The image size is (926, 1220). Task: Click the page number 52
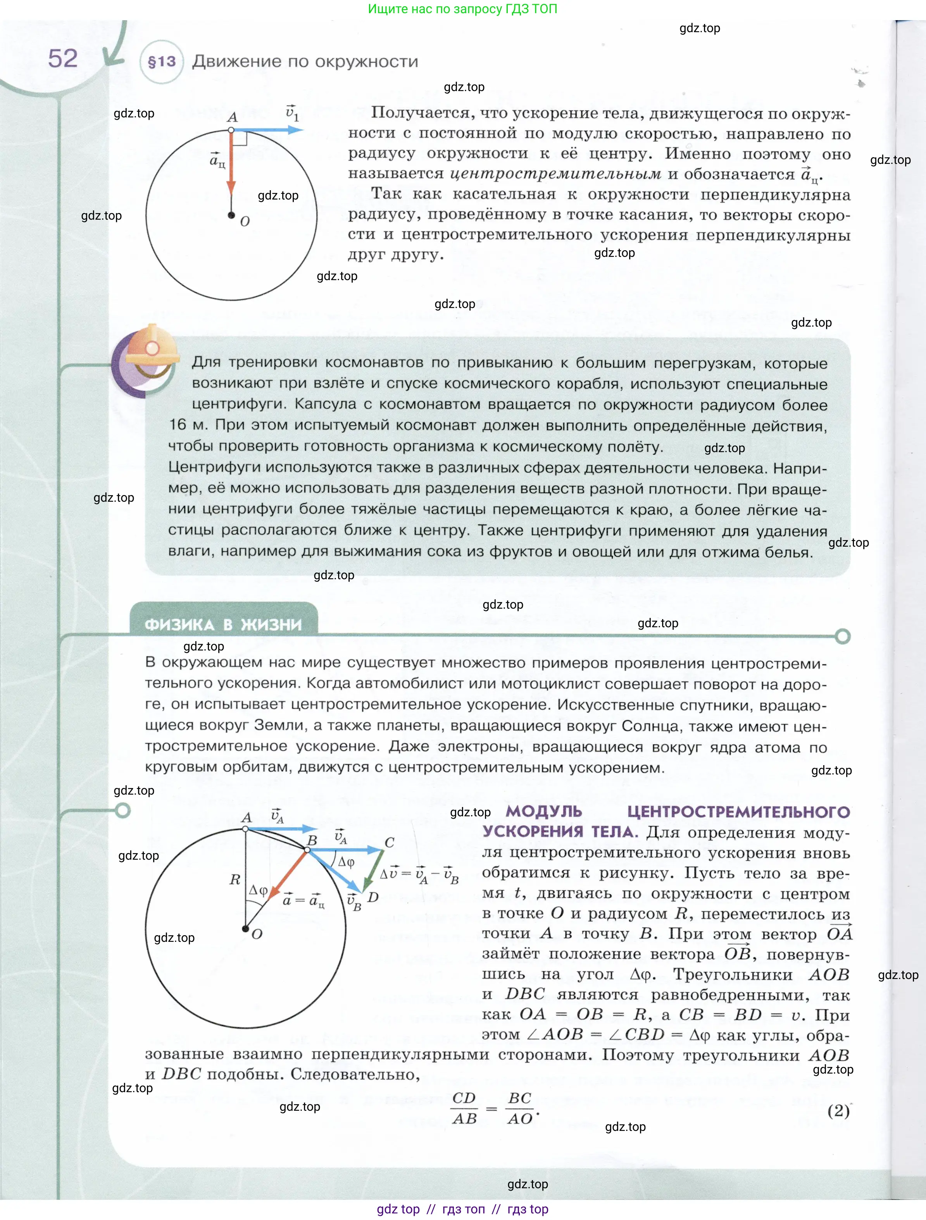[x=63, y=59]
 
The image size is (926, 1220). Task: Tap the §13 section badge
[x=162, y=61]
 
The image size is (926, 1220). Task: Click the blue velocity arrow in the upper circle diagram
[x=268, y=130]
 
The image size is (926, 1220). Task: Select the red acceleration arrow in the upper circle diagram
[x=231, y=165]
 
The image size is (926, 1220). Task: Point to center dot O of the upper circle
[x=231, y=215]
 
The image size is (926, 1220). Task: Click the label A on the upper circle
[x=232, y=117]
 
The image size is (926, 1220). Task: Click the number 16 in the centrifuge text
[x=178, y=425]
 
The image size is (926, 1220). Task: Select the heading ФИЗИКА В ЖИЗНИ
[x=224, y=625]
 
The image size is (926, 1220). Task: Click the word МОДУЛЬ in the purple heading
[x=544, y=811]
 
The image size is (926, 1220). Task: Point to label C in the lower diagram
[x=389, y=843]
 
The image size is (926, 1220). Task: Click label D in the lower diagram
[x=373, y=897]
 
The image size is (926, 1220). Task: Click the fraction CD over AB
[x=464, y=1108]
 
